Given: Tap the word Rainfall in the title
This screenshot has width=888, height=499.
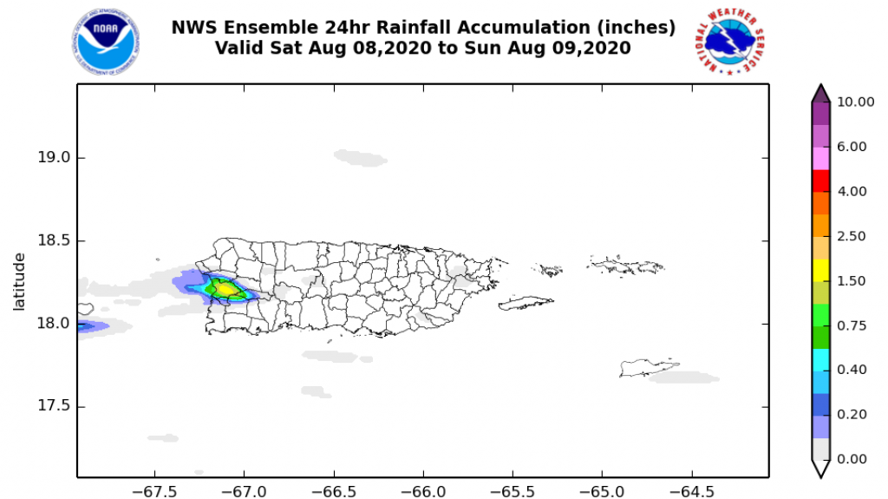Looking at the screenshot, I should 397,28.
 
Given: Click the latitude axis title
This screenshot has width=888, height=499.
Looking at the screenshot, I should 19,281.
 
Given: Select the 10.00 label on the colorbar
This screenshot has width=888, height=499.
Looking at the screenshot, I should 856,102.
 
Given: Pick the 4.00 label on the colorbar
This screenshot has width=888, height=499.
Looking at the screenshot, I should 852,191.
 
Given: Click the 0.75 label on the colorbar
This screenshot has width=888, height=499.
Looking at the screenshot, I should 852,325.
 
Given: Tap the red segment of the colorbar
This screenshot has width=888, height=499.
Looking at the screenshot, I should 820,181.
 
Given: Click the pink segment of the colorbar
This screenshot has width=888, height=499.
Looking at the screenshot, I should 820,158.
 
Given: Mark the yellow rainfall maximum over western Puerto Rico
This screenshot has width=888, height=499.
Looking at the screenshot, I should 225,288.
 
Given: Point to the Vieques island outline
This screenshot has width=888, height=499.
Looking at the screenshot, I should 526,303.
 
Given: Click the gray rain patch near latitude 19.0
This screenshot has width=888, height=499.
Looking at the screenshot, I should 360,158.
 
